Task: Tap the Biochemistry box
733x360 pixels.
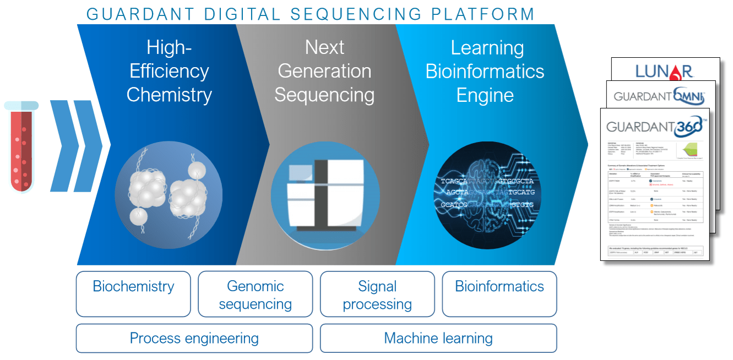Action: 133,294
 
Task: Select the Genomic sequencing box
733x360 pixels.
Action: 256,294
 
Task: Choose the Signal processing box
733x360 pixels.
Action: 377,294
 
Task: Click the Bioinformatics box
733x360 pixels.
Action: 499,294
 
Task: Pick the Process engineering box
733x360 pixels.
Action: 194,338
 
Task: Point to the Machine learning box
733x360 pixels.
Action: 438,338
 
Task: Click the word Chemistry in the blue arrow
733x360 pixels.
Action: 169,95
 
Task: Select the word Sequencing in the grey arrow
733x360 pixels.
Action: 324,95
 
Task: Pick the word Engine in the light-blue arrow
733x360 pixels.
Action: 485,95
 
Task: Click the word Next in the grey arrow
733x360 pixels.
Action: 325,48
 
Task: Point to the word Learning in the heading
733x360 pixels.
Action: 487,48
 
